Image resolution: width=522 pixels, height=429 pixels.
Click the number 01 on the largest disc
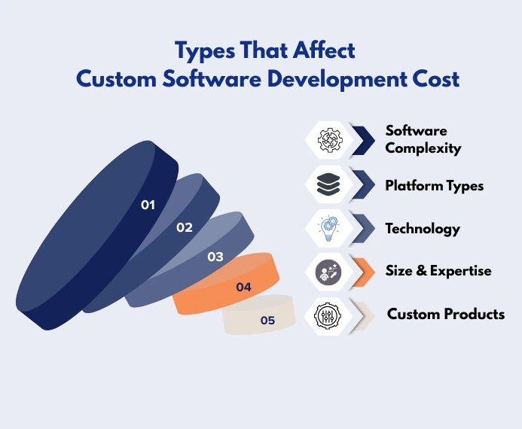click(148, 205)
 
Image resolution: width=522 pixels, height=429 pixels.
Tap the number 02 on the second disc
click(185, 227)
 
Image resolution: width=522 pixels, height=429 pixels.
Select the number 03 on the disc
click(215, 257)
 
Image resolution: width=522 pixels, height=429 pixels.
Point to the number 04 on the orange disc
click(243, 288)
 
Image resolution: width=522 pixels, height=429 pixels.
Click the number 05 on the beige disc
click(267, 321)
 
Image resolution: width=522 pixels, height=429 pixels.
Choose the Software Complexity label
click(423, 139)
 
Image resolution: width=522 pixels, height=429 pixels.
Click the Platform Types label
click(435, 184)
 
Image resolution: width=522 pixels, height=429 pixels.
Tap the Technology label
click(423, 228)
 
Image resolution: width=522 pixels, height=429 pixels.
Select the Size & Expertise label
click(438, 271)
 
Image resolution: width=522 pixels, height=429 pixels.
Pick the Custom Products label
click(446, 314)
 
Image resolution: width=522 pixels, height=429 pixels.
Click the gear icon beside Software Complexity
click(329, 139)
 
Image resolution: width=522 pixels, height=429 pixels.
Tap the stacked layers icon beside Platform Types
click(329, 184)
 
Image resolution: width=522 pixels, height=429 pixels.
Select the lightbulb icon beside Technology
click(329, 228)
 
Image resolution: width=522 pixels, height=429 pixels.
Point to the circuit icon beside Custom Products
click(329, 315)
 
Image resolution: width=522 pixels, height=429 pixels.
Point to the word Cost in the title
click(435, 78)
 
